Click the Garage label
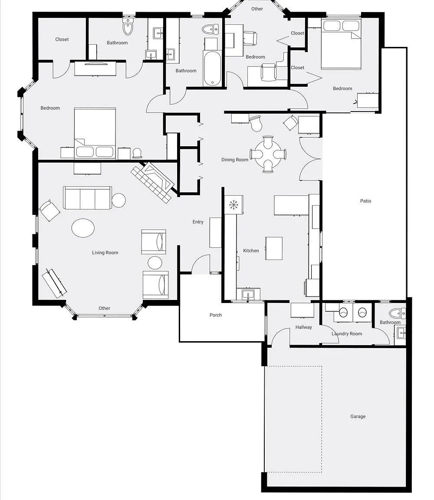tap(358, 417)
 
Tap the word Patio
tap(366, 201)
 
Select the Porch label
tap(216, 315)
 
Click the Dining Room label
tap(235, 160)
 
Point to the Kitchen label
tap(251, 250)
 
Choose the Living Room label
tap(105, 253)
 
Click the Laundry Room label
tap(347, 334)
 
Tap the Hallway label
tap(303, 327)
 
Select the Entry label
tap(198, 222)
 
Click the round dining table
tap(268, 155)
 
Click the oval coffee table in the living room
tap(83, 228)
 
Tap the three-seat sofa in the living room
tap(87, 198)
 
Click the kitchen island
tap(274, 248)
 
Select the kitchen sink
tap(248, 294)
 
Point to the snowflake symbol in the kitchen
tap(234, 204)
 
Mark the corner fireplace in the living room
tap(152, 182)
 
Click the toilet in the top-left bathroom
tap(128, 27)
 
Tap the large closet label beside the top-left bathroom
tap(62, 39)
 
